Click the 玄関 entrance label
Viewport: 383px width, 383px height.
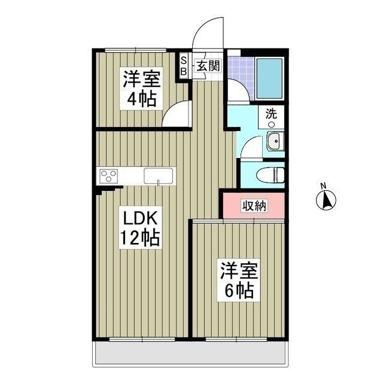coord(206,66)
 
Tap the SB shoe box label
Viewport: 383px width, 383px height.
coord(184,65)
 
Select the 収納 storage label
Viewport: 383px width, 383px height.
coord(254,206)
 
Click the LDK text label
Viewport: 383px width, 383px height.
coord(139,216)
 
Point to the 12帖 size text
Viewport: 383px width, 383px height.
coord(138,238)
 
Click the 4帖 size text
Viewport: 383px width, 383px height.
coord(141,98)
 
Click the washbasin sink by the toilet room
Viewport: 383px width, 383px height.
coord(275,142)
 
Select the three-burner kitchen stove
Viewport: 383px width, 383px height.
coord(110,175)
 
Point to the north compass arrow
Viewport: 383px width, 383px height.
coord(326,200)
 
